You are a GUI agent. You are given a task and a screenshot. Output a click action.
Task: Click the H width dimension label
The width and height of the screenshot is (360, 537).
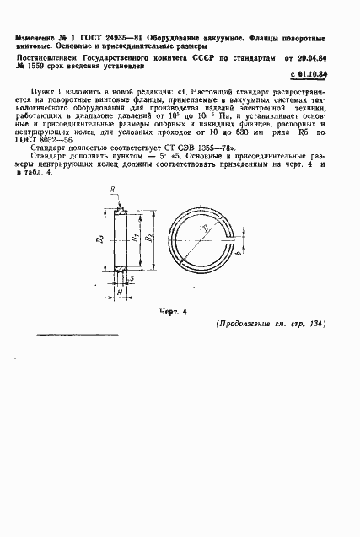[x=120, y=291]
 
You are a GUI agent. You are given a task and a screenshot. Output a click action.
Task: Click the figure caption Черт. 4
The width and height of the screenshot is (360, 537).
[x=171, y=311]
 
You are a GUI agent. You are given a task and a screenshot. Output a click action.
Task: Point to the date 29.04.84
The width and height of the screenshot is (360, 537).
[x=330, y=58]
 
